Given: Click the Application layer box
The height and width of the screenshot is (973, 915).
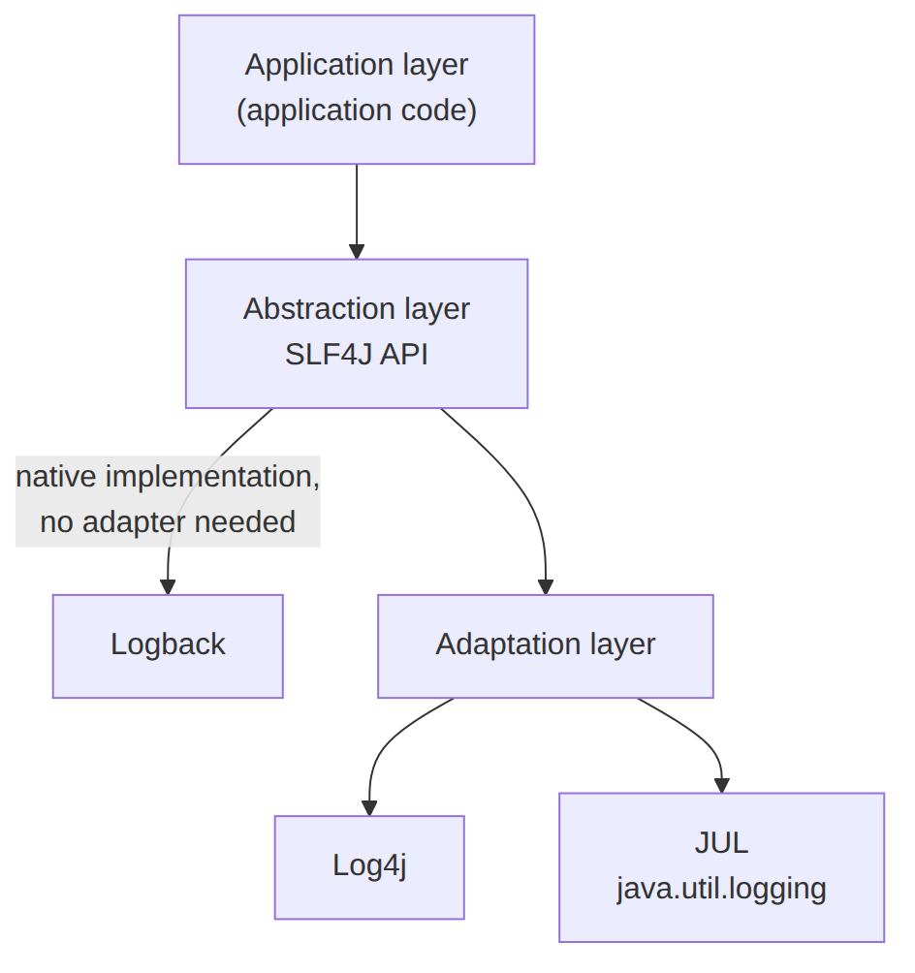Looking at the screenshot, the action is [x=357, y=89].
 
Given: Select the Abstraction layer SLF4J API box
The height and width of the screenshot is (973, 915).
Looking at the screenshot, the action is [x=357, y=333].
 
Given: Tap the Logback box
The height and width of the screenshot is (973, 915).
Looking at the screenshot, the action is [x=168, y=646].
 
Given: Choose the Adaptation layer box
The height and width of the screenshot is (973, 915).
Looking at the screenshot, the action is [x=545, y=646].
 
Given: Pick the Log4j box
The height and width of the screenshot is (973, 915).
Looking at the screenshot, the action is [x=369, y=867].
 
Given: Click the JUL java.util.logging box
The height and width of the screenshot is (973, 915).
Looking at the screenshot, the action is [x=721, y=867].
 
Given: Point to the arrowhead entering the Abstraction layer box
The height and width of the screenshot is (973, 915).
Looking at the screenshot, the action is [x=357, y=251].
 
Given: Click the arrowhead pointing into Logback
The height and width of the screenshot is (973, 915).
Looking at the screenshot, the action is [x=168, y=587].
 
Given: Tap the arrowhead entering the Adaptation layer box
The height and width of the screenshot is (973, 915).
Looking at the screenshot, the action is [x=546, y=587].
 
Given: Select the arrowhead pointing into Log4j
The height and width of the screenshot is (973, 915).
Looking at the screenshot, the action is [x=369, y=808].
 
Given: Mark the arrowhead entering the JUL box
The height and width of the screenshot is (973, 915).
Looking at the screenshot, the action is [x=721, y=785].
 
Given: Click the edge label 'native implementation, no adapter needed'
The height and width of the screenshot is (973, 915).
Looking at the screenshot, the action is [x=168, y=501].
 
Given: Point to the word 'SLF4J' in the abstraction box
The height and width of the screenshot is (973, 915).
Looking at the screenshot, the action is [x=330, y=355].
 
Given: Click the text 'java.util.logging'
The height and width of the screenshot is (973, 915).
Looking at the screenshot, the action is [x=721, y=889].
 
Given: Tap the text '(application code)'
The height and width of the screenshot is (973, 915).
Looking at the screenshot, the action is [x=357, y=110].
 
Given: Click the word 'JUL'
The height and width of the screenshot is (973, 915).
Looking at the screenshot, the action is [x=721, y=843].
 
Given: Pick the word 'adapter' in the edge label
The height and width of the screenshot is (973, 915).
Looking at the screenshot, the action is [x=134, y=522].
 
